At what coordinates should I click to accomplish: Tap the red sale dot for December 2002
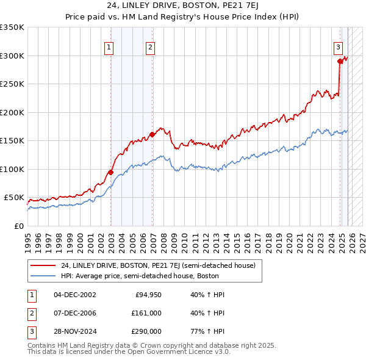(x=111, y=172)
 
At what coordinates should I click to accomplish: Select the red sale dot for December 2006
(x=152, y=135)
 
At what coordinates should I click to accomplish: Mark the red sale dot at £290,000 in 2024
(x=340, y=61)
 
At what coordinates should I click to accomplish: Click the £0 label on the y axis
(x=18, y=226)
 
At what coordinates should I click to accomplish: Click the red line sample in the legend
(x=44, y=265)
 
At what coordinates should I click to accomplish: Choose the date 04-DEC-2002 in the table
(x=75, y=295)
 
